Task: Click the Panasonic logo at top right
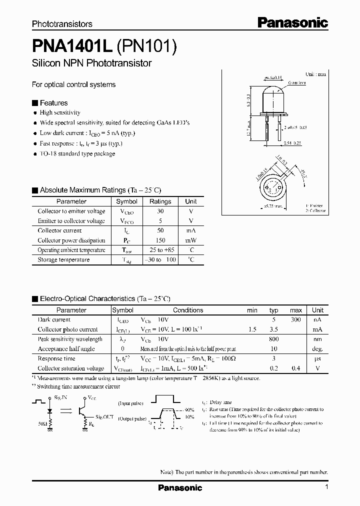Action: [x=292, y=22]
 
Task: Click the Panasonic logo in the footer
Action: [x=180, y=487]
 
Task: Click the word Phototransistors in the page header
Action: [x=62, y=24]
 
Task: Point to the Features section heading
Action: [x=53, y=103]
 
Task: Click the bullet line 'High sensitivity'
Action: [x=60, y=113]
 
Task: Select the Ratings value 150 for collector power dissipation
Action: [x=160, y=240]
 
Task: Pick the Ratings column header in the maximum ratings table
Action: [x=160, y=201]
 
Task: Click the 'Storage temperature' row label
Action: [x=63, y=260]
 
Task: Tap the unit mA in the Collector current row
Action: [x=191, y=230]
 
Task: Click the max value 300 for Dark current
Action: [x=295, y=319]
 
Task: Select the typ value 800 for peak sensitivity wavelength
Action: [x=274, y=339]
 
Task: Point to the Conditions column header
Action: [x=188, y=310]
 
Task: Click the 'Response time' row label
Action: [x=56, y=358]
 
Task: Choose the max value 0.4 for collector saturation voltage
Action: [x=295, y=368]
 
